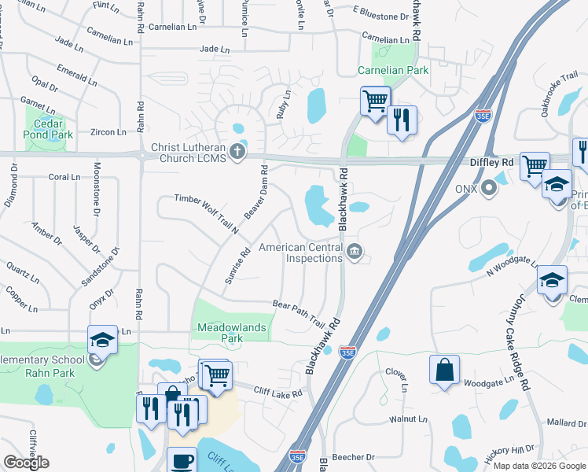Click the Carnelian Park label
point(393,70)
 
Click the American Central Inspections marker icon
point(355,253)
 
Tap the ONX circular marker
point(489,189)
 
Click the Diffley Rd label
point(491,162)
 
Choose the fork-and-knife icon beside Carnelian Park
point(402,119)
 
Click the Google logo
point(26,463)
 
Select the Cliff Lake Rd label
point(277,391)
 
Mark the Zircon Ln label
point(108,133)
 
